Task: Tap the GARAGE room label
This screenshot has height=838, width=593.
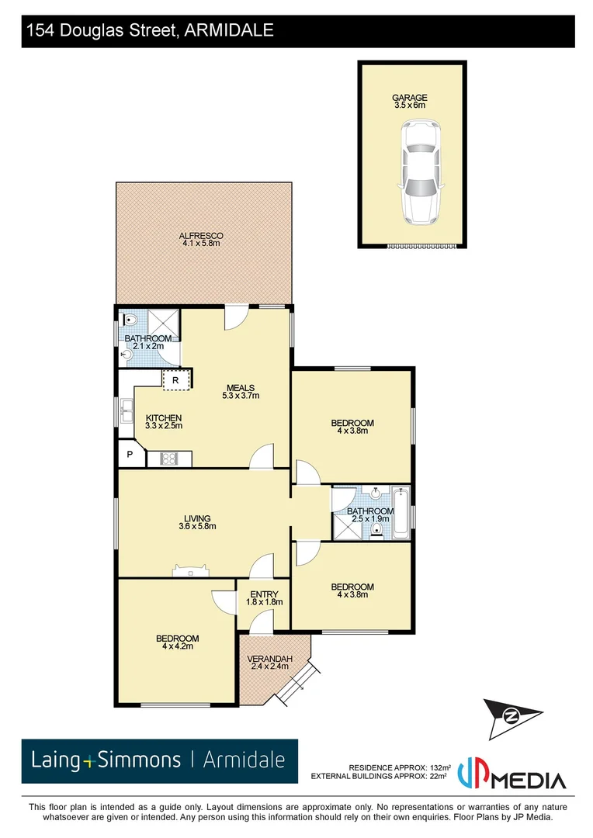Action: coord(409,98)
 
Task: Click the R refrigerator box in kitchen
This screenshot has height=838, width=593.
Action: coord(176,380)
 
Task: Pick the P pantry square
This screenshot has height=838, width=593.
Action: coord(130,455)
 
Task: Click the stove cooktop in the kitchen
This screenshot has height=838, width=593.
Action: coord(169,459)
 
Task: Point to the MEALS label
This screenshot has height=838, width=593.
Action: coord(241,388)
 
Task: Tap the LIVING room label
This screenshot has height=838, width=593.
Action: coord(197,518)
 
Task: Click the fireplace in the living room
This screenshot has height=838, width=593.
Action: coord(190,571)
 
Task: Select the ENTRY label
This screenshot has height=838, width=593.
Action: coord(263,594)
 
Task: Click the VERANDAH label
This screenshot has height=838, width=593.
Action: coord(270,660)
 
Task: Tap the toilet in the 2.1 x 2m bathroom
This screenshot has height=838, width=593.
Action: coord(130,320)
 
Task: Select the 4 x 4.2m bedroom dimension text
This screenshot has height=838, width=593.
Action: coord(177,646)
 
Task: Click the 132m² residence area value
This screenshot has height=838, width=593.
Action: coord(440,766)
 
